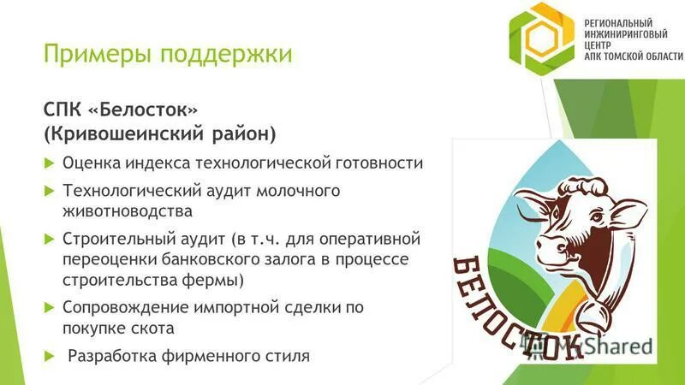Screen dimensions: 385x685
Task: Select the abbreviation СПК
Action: [62, 110]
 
